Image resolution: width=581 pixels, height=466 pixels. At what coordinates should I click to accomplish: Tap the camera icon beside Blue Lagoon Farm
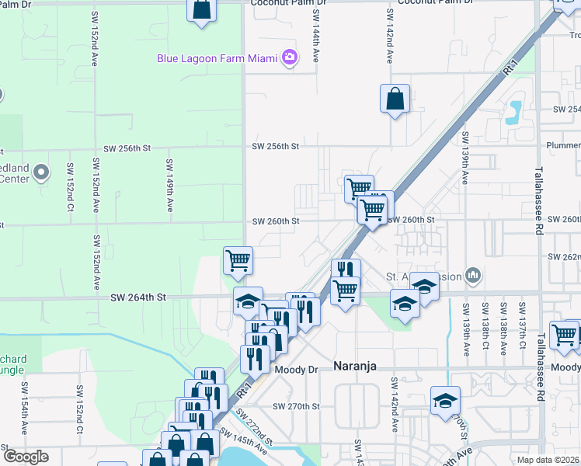tap(290, 57)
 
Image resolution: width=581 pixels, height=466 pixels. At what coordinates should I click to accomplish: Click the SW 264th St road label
tap(138, 297)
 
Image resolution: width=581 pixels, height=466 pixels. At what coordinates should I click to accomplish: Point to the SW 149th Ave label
tap(169, 185)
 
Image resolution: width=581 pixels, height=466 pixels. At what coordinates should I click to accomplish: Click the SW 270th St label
tap(296, 406)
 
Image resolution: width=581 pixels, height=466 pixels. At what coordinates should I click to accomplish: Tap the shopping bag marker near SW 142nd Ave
tap(395, 99)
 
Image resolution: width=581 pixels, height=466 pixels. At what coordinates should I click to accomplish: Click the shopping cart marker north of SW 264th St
tap(238, 261)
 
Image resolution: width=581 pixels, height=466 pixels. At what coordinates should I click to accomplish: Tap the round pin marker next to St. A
tap(472, 275)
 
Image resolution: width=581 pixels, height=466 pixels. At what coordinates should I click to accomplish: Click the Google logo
tap(25, 457)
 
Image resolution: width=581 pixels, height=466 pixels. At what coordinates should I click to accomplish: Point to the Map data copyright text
tap(548, 460)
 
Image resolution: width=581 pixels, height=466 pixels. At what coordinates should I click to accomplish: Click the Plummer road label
tap(563, 145)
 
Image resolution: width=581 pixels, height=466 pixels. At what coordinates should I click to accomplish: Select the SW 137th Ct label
tap(521, 329)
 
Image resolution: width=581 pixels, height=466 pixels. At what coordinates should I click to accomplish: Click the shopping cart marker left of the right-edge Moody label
tap(563, 335)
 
